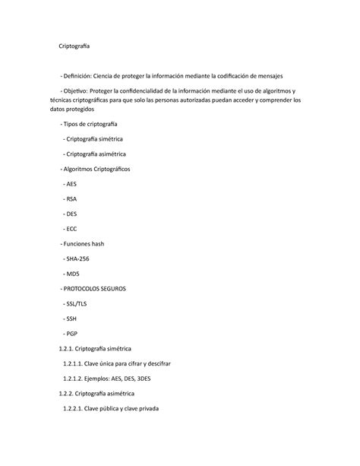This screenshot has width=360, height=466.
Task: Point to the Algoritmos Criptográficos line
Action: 97,170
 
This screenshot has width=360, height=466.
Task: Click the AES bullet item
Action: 72,185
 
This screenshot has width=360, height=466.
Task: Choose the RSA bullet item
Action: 72,199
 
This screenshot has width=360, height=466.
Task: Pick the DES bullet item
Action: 72,214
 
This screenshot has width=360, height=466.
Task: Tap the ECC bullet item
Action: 72,229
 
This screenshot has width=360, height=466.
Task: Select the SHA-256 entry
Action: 78,259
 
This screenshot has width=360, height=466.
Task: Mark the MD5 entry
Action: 74,274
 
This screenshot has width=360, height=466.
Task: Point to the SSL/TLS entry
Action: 77,304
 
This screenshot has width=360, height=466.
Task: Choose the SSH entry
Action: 72,319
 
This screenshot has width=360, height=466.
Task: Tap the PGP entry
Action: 72,334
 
